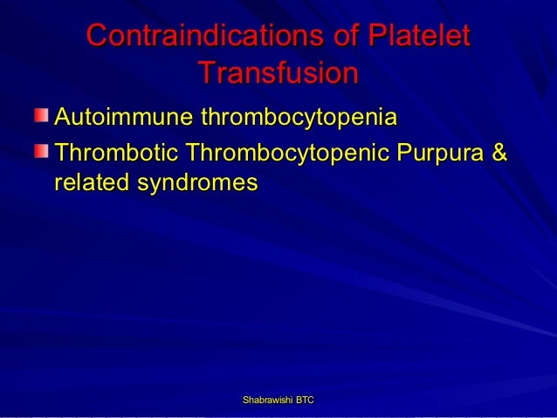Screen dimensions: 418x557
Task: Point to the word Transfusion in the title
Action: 278,73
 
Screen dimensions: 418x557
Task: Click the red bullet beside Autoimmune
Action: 43,115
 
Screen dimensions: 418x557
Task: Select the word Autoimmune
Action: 123,117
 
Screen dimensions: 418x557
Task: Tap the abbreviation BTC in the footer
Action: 305,400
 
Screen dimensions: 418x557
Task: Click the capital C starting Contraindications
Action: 98,37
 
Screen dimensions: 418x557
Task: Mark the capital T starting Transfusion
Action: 207,73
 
